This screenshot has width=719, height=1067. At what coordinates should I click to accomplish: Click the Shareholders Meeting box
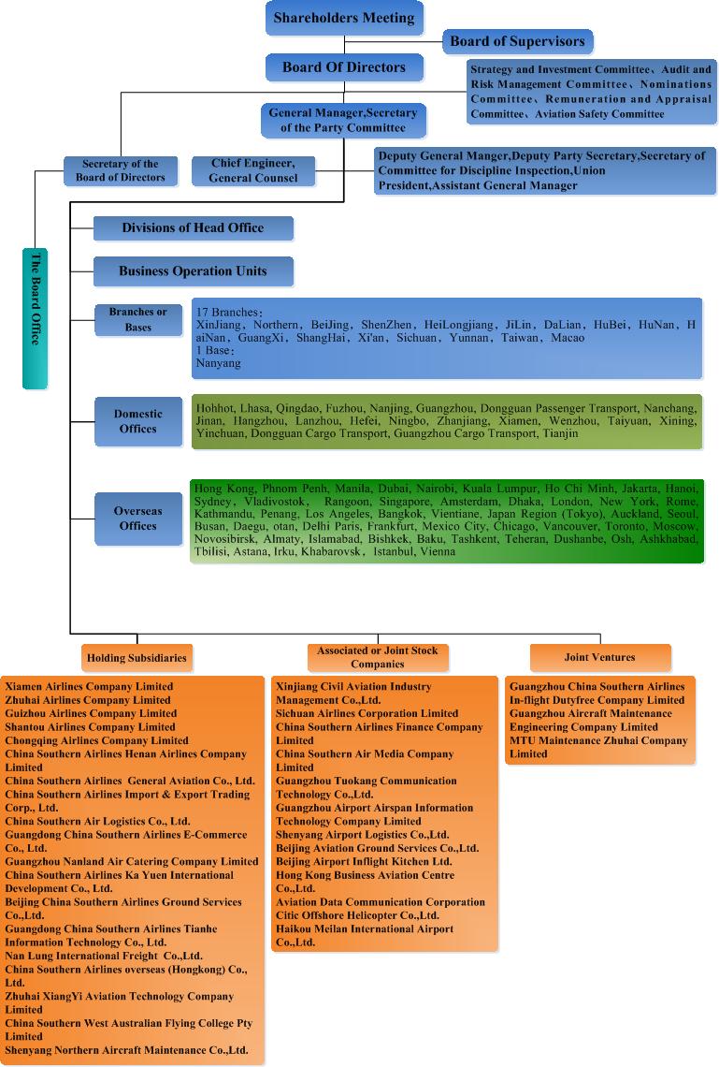point(344,19)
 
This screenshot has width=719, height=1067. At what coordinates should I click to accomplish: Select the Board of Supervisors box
point(517,41)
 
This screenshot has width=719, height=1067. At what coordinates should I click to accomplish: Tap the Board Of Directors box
point(344,67)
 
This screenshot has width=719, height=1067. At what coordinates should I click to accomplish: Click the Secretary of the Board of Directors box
point(121,170)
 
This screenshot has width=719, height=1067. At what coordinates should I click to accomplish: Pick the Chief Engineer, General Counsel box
point(252,170)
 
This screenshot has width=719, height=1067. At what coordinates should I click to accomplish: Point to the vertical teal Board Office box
point(35,318)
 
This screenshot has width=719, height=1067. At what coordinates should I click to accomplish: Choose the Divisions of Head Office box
point(193,228)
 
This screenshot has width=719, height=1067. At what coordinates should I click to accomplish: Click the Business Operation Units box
point(193,270)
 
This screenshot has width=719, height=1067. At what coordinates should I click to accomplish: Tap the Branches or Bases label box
point(138,320)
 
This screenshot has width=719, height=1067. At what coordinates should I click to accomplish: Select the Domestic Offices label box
point(138,421)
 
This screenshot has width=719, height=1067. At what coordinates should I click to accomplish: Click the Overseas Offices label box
point(138,519)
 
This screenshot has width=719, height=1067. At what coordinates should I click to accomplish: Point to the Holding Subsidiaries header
point(137,658)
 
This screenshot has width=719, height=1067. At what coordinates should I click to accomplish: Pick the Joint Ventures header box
point(599,657)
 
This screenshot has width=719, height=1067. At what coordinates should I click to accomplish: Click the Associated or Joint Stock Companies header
point(377,657)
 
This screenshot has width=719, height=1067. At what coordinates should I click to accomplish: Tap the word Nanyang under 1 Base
point(218,363)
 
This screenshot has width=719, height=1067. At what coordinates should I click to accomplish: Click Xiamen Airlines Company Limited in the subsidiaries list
point(89,687)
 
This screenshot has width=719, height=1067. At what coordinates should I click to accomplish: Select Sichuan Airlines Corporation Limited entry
point(367,714)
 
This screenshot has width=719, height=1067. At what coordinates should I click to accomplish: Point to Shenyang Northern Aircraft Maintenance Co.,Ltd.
point(126,1050)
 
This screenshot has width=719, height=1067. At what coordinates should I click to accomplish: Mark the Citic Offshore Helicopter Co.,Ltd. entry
point(357,915)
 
